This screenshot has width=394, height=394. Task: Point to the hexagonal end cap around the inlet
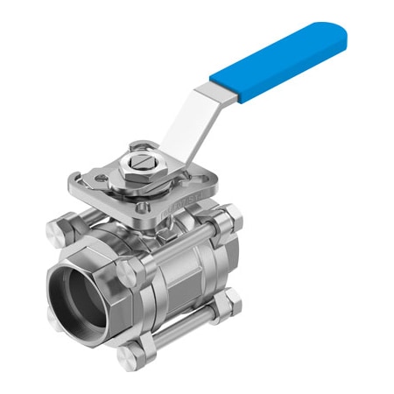pos(88,263)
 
